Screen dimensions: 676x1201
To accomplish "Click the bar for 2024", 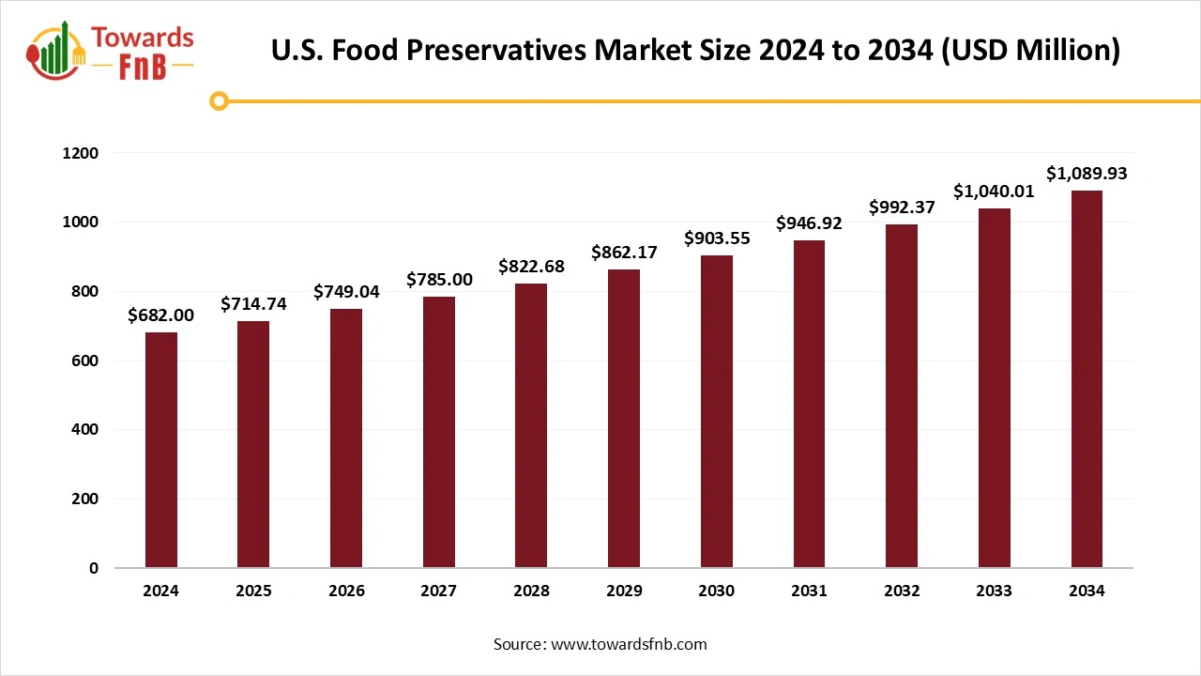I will (x=161, y=451).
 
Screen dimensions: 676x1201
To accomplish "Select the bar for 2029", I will (x=624, y=419).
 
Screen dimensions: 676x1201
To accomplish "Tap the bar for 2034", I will (x=1087, y=379).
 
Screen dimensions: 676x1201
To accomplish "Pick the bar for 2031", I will (x=809, y=404).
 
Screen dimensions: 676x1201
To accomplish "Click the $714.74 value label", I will (x=253, y=303).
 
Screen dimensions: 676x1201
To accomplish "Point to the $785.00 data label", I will (x=439, y=279).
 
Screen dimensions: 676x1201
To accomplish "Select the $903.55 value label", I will (x=717, y=238).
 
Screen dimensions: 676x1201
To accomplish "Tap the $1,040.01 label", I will (x=995, y=192).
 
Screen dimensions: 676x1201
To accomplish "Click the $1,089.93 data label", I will (x=1087, y=174).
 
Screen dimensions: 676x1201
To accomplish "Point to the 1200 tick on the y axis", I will (x=80, y=153).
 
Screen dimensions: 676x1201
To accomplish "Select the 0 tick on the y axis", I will (x=93, y=568).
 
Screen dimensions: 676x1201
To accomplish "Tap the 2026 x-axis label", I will (x=346, y=591).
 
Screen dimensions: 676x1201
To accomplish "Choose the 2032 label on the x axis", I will (x=901, y=591).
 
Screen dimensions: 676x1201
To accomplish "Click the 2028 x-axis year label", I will (x=531, y=591).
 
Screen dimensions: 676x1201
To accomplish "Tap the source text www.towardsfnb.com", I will (x=628, y=644).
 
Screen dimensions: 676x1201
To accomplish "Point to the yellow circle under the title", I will (x=219, y=100).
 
